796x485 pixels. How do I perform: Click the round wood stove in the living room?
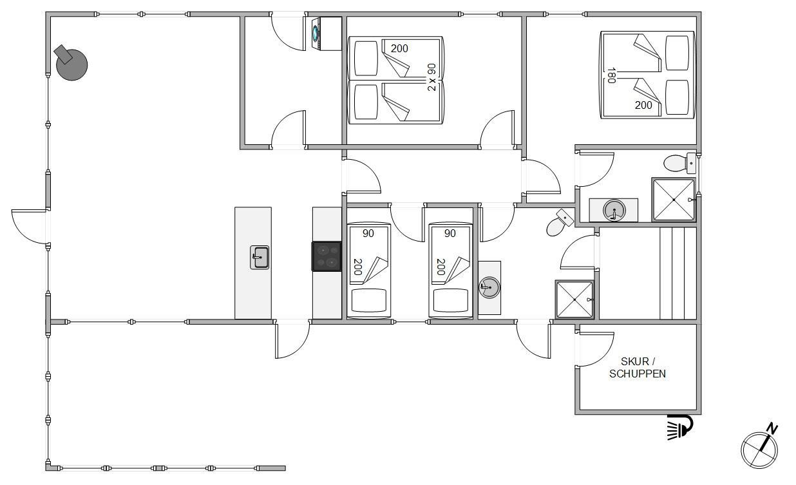[71, 64]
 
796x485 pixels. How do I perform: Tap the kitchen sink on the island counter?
[260, 257]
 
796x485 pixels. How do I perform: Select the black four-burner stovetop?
[327, 256]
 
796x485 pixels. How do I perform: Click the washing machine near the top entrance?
[327, 33]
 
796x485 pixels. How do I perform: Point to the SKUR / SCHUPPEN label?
[638, 367]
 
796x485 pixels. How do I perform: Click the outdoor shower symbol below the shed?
[680, 427]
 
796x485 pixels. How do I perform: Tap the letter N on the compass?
[772, 429]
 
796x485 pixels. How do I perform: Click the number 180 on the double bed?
[611, 75]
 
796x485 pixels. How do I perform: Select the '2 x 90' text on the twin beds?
[431, 77]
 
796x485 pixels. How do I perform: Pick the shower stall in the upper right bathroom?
[674, 200]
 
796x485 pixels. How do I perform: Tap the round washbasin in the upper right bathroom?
[614, 210]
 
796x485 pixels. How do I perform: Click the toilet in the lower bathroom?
[560, 223]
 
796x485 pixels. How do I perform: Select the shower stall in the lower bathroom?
[574, 300]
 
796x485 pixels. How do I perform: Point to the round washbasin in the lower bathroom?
[489, 287]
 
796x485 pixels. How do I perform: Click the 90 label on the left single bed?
[368, 233]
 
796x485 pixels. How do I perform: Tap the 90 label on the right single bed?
[450, 233]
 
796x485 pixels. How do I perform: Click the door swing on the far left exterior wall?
[29, 227]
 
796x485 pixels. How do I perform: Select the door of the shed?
[594, 348]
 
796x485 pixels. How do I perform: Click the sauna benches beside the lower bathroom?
[678, 274]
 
